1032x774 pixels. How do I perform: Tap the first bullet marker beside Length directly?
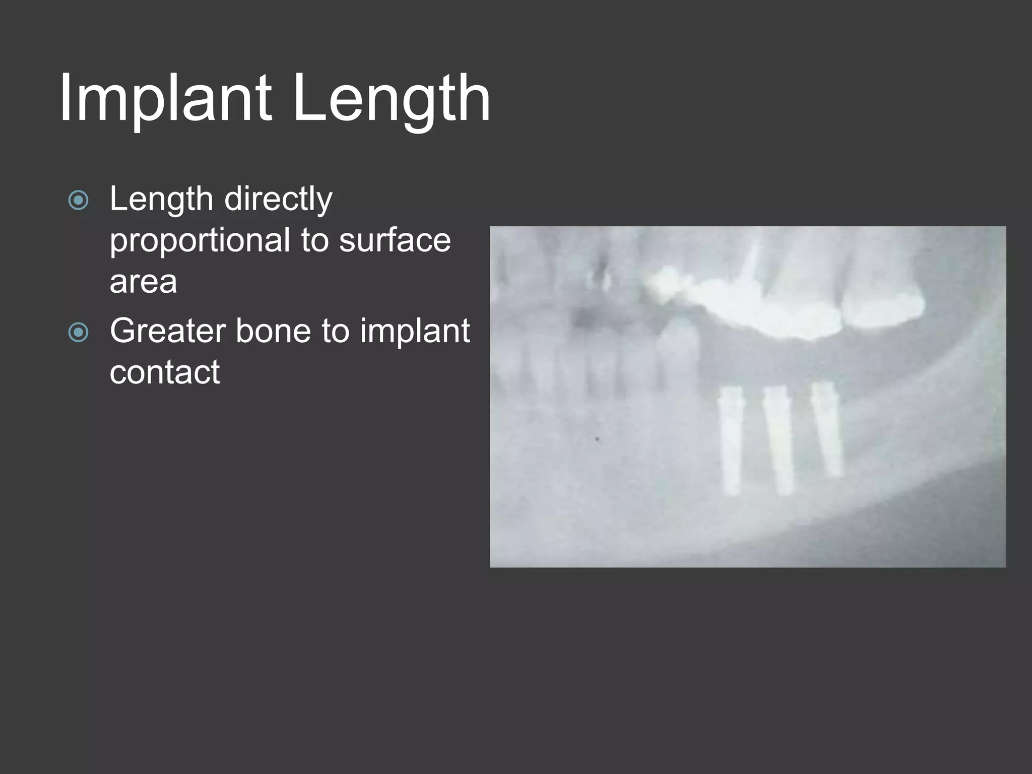78,200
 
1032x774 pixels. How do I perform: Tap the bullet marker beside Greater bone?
78,332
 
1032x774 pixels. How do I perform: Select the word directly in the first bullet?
278,199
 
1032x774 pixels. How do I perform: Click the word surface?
395,240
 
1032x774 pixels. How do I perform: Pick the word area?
143,282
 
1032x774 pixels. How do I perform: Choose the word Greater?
168,331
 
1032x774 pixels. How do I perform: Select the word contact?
165,372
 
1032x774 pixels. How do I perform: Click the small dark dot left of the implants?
597,439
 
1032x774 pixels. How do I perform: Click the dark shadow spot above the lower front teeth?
585,317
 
